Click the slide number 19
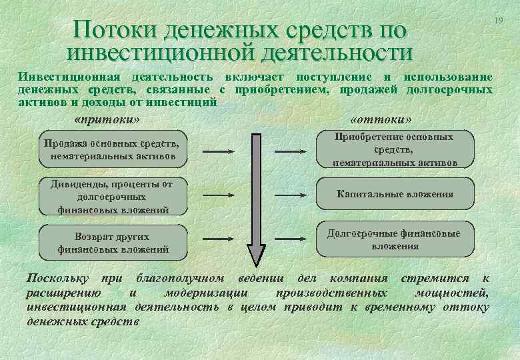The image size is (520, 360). tap(497, 23)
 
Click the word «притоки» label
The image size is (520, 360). tap(109, 120)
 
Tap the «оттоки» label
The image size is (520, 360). tap(380, 120)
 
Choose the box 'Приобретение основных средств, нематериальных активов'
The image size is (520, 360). tap(395, 149)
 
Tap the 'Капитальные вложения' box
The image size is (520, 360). tap(395, 194)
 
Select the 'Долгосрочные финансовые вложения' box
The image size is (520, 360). tap(395, 239)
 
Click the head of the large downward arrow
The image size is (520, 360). tap(257, 253)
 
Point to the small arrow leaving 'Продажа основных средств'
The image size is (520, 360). tap(217, 152)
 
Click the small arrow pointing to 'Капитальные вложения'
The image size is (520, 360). tap(295, 195)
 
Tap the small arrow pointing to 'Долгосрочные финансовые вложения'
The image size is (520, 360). tap(295, 238)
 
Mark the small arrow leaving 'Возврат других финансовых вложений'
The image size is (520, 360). tap(217, 238)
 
